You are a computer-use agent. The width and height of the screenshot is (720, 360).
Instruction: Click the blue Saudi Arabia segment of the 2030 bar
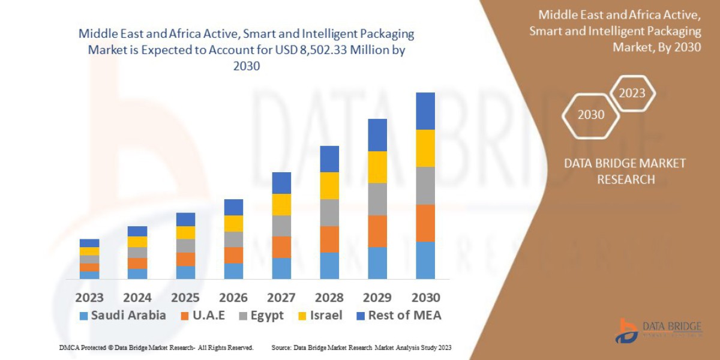[425, 260]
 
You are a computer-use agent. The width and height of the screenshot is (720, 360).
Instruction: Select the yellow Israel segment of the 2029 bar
[377, 167]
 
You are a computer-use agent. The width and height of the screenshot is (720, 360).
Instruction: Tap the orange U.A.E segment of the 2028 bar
[329, 239]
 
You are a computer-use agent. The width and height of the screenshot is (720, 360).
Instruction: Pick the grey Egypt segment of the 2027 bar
[281, 226]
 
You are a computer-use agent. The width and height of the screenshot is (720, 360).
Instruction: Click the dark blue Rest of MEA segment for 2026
[233, 207]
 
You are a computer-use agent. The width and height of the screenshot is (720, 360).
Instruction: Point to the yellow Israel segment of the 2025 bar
[185, 232]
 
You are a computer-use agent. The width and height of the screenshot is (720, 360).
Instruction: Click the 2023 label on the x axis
[89, 298]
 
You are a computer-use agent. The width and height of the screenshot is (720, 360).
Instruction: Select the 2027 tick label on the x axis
[281, 298]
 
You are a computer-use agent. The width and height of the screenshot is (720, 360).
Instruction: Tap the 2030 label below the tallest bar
[425, 298]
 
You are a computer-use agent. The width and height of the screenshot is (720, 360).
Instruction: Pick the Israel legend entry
[321, 316]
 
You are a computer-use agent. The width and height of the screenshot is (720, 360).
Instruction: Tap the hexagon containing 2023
[632, 93]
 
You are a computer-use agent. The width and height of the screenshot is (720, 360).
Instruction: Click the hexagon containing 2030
[591, 115]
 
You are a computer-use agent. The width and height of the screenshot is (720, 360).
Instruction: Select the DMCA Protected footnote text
[156, 347]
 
